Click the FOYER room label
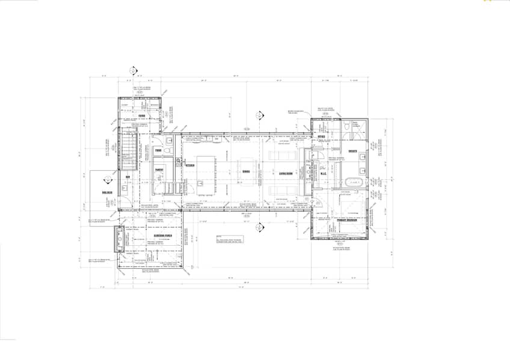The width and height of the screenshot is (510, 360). coord(142,115)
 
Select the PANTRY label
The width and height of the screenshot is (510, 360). coord(159,170)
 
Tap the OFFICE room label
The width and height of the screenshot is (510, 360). coord(322,137)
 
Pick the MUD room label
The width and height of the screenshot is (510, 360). coord(128,176)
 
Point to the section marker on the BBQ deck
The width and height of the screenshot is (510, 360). coord(106,178)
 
